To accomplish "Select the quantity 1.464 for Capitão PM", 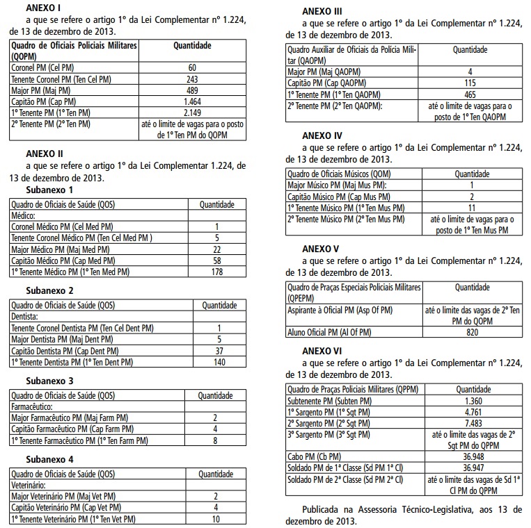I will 192,101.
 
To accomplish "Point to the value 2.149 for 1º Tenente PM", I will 192,113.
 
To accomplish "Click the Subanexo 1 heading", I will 49,189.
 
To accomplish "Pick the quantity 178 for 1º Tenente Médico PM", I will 217,272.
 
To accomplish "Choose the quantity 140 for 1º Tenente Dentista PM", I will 219,362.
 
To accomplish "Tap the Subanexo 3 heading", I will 49,381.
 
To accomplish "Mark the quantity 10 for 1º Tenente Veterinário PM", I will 216,519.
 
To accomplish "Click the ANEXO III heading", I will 322,11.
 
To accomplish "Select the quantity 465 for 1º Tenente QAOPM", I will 470,94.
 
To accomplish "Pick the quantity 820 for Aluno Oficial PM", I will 471,333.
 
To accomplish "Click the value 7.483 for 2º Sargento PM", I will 471,423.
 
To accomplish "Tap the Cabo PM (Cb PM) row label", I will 314,456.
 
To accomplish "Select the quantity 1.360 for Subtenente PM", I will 471,401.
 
